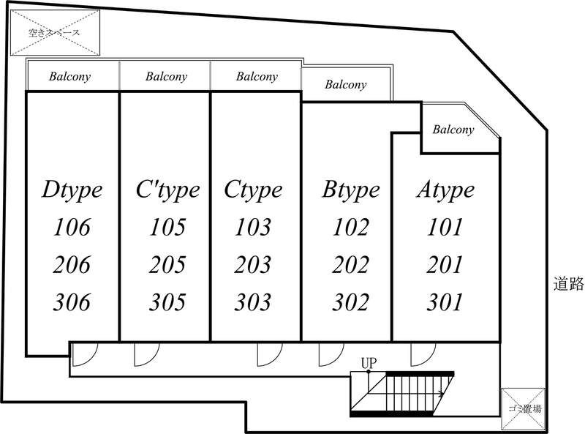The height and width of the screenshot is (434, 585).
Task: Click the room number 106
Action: [72, 228]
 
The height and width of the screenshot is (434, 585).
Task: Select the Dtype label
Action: [72, 190]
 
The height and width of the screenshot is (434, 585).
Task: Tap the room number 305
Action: [167, 302]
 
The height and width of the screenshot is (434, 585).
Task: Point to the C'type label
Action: [167, 190]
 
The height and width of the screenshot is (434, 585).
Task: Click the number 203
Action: [253, 264]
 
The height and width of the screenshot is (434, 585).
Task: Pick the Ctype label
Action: [253, 190]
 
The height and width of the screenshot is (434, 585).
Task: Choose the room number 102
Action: [350, 228]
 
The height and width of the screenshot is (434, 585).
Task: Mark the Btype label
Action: [350, 190]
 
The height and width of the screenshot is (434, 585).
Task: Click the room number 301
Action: [445, 302]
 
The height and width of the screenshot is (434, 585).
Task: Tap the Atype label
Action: [445, 190]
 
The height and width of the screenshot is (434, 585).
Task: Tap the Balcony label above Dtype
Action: [70, 76]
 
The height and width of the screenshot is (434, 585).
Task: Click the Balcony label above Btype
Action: [346, 84]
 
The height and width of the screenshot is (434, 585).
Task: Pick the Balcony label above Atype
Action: [453, 130]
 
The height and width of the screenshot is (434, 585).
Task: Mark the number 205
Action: [167, 264]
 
